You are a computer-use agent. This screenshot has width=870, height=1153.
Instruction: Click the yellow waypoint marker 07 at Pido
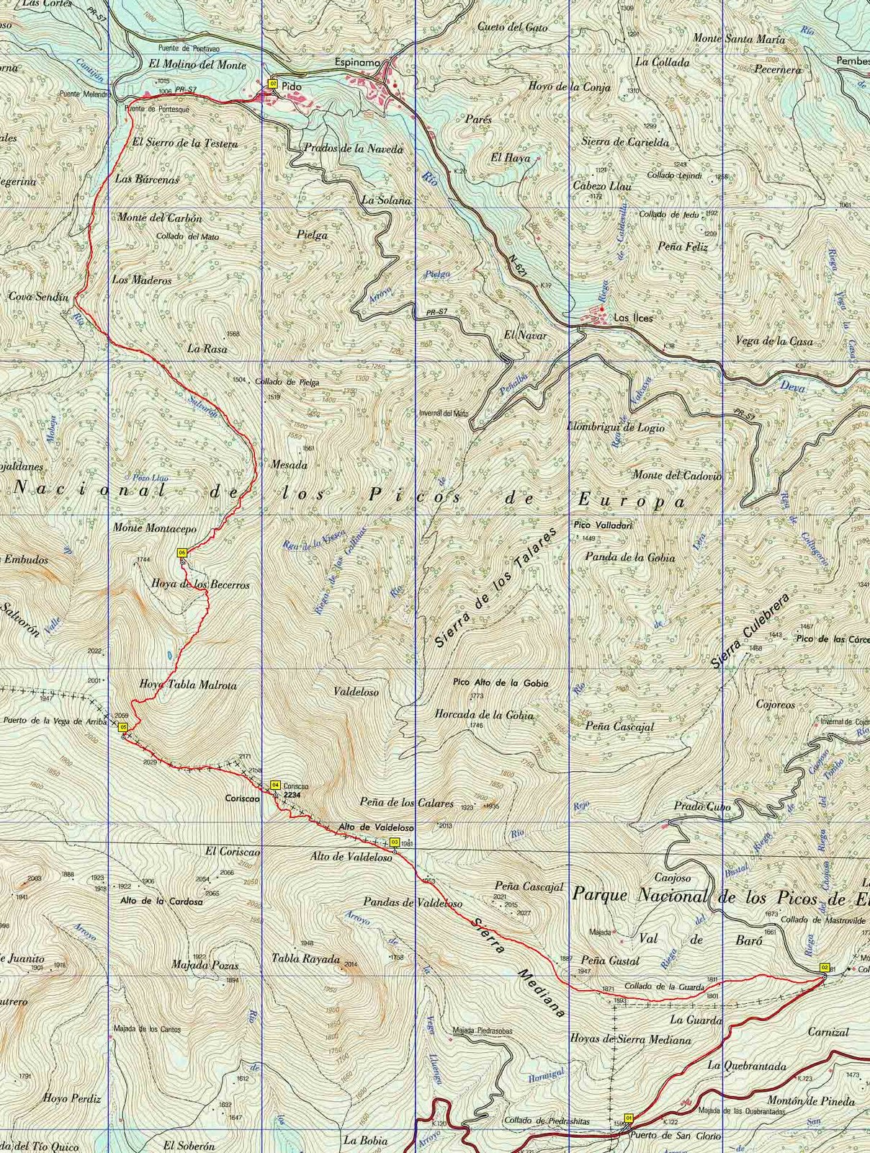(273, 84)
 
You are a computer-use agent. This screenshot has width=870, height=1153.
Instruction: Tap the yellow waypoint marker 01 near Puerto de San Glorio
(629, 1118)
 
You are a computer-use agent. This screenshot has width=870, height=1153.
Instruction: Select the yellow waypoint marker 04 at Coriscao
(274, 785)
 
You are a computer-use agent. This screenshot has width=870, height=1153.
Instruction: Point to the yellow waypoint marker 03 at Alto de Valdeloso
(394, 842)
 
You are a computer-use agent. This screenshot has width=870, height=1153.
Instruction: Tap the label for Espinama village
(356, 63)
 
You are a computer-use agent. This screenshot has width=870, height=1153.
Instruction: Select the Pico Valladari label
(603, 525)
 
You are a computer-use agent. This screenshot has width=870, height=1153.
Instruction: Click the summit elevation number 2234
(292, 794)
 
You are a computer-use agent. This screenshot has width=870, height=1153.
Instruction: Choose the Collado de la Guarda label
(663, 986)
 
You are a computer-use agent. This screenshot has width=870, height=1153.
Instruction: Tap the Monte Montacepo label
(155, 528)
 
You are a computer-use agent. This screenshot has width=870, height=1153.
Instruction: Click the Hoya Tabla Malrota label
(187, 685)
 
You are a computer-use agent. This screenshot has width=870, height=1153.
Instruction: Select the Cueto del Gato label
(512, 27)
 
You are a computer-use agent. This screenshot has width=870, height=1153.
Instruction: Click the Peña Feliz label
(683, 246)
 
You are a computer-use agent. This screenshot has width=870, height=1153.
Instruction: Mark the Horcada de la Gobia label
(484, 715)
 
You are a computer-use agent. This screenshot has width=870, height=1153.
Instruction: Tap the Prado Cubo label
(702, 807)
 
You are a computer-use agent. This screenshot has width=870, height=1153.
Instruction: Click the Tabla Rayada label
(305, 959)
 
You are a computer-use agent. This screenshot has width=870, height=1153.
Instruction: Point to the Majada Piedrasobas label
(483, 1031)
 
